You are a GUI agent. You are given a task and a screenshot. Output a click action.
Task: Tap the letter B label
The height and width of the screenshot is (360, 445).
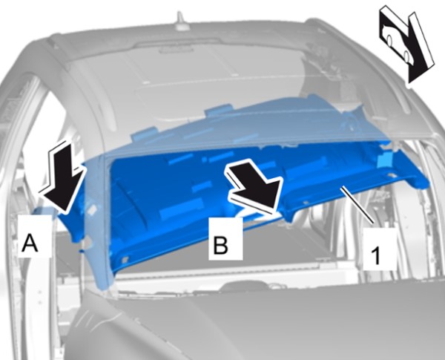[220, 245]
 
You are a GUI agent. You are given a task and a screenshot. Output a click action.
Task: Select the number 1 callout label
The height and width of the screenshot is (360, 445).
[376, 256]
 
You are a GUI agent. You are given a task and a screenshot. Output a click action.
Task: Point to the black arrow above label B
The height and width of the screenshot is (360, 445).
[254, 188]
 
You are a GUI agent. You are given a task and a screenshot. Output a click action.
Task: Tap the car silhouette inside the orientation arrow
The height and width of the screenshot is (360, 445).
[397, 42]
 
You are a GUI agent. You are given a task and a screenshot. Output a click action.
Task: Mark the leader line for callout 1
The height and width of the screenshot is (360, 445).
[357, 205]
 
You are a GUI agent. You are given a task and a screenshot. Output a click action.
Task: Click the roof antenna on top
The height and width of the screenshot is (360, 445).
[181, 21]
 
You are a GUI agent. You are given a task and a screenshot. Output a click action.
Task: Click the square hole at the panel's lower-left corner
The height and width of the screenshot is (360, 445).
[125, 259]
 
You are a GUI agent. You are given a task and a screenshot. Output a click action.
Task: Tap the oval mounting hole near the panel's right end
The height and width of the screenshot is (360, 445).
[391, 176]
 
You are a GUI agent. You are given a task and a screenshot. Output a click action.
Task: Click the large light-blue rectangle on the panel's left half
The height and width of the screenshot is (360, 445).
[182, 209]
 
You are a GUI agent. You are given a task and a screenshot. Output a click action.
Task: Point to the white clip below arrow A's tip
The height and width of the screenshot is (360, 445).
[88, 241]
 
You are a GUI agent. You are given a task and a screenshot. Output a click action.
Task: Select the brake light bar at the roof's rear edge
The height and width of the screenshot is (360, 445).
[176, 50]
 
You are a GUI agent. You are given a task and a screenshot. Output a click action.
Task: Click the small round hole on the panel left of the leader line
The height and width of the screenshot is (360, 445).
[306, 203]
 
